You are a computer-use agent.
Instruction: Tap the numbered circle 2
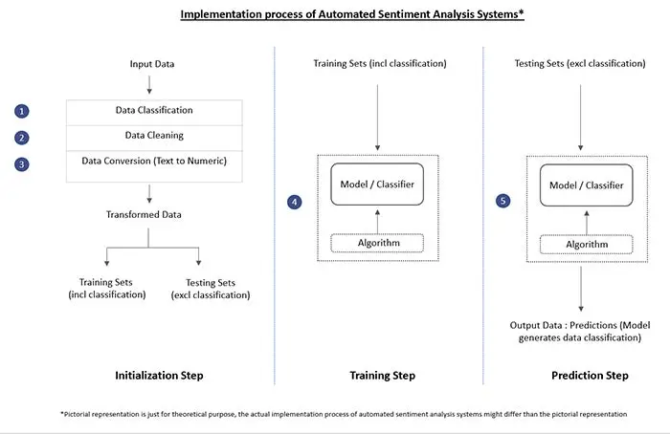click(x=22, y=137)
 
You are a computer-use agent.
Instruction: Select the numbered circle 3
click(x=22, y=163)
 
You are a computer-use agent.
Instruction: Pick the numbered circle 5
click(x=502, y=202)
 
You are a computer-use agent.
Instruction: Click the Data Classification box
click(x=154, y=111)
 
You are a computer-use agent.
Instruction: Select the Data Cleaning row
click(x=154, y=137)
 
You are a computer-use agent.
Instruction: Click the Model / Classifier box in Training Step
click(x=377, y=184)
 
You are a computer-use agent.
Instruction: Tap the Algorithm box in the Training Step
click(x=377, y=244)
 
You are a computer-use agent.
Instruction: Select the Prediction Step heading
click(x=590, y=376)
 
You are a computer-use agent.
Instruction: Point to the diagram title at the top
click(x=335, y=14)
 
